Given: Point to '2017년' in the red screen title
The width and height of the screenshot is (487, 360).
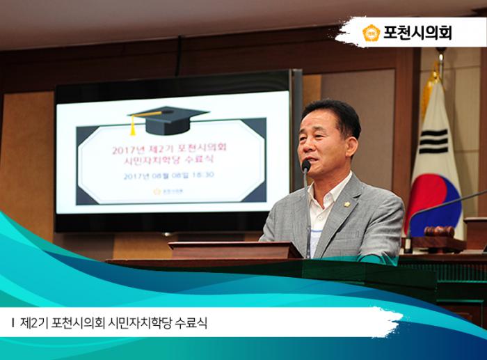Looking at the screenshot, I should tap(126, 148).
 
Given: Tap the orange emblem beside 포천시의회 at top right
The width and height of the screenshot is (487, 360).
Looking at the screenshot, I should tap(371, 33).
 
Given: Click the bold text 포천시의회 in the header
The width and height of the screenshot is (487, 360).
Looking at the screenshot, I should tap(417, 33).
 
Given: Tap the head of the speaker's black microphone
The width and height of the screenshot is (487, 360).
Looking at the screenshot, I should tap(305, 166).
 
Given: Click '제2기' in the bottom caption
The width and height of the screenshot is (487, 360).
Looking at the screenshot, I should tap(34, 324).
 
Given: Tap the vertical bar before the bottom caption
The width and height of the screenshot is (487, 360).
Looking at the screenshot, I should tap(13, 324).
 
